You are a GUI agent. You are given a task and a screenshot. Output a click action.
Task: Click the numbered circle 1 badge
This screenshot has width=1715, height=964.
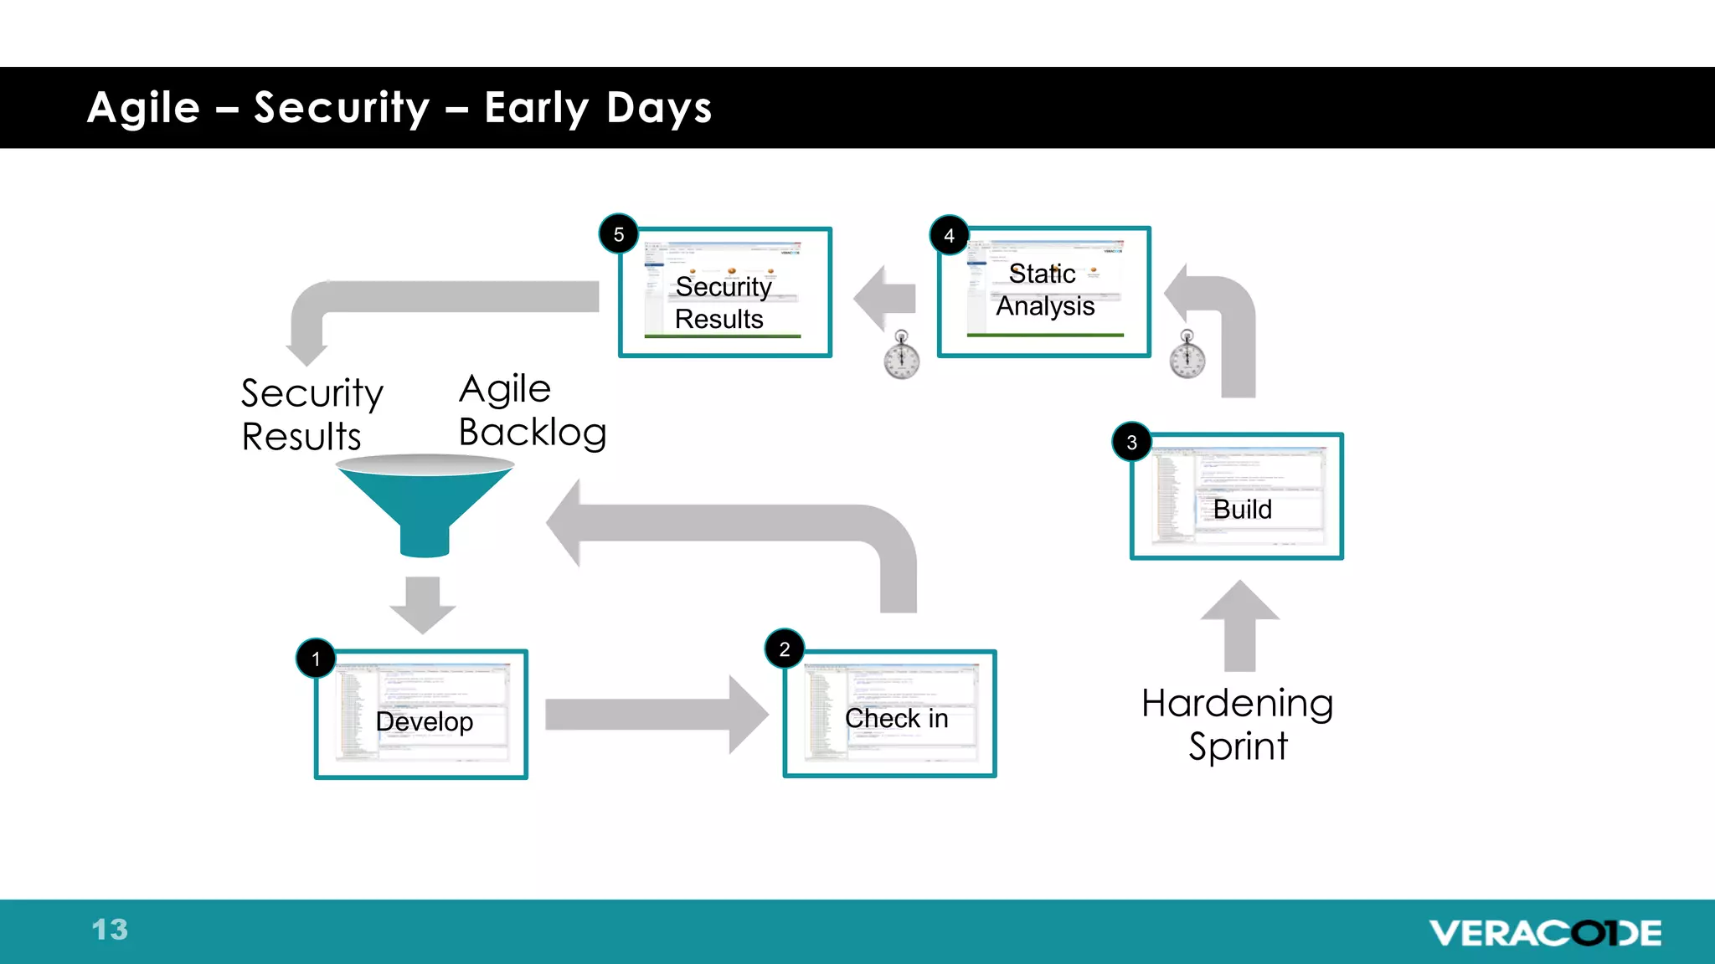tap(316, 659)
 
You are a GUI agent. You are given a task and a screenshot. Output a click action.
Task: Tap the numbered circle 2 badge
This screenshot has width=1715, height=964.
tap(785, 649)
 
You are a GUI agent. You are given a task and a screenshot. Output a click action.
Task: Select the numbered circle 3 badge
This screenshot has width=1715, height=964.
tap(1131, 443)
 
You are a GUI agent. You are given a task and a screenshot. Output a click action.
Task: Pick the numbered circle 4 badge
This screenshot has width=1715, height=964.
tap(949, 236)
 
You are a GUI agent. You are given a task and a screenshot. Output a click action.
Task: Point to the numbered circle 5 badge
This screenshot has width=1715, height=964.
tap(619, 235)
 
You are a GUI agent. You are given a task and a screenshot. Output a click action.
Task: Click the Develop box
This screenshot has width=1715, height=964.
tap(421, 715)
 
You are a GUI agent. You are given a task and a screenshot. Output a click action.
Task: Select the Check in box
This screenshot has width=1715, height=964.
tap(889, 714)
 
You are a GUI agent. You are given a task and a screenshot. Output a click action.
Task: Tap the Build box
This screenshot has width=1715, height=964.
tap(1236, 496)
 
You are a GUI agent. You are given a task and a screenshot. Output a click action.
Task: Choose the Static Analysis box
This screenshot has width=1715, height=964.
tap(1043, 292)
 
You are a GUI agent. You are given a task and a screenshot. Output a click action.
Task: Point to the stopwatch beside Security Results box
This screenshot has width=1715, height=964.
tap(902, 356)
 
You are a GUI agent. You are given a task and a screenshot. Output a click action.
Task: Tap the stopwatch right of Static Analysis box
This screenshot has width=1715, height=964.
tap(1187, 355)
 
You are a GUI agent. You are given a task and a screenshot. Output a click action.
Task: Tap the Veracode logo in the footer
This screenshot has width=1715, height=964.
tap(1545, 932)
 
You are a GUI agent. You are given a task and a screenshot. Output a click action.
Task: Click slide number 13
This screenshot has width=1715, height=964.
tap(110, 930)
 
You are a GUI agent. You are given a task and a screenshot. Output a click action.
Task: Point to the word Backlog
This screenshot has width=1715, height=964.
tap(533, 433)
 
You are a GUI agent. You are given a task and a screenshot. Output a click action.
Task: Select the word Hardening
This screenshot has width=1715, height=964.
tap(1237, 703)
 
